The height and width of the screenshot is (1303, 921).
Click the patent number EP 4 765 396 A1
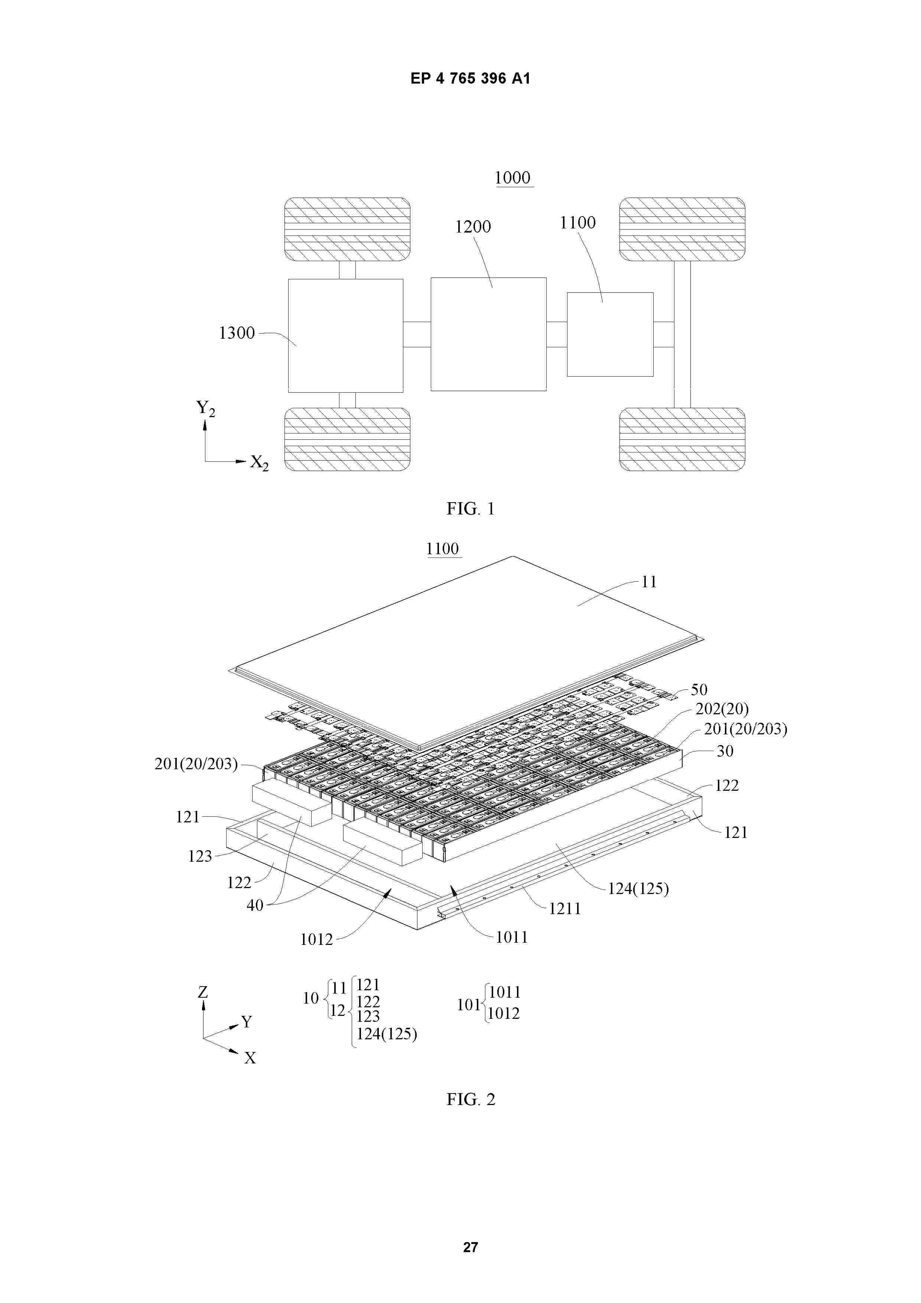[x=471, y=78]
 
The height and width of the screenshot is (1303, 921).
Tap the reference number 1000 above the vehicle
[x=512, y=178]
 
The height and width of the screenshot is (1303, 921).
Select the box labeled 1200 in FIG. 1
[x=489, y=334]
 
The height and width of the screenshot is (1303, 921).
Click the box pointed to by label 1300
[x=346, y=335]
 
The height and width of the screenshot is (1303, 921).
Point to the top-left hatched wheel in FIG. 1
[x=347, y=229]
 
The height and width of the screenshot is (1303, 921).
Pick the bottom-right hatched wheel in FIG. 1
[x=682, y=439]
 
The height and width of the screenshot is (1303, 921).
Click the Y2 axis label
[x=205, y=408]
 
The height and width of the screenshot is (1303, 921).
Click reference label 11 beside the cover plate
[x=649, y=582]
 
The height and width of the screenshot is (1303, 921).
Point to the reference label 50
[x=699, y=689]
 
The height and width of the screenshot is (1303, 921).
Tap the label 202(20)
[x=722, y=709]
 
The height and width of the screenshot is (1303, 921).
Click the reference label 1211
[x=564, y=909]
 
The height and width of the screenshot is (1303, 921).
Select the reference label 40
[x=255, y=905]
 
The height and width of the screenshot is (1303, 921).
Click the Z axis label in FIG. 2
[x=203, y=992]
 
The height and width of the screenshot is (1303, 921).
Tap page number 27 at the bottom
[x=471, y=1247]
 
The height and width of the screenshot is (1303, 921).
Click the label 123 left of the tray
[x=200, y=856]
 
